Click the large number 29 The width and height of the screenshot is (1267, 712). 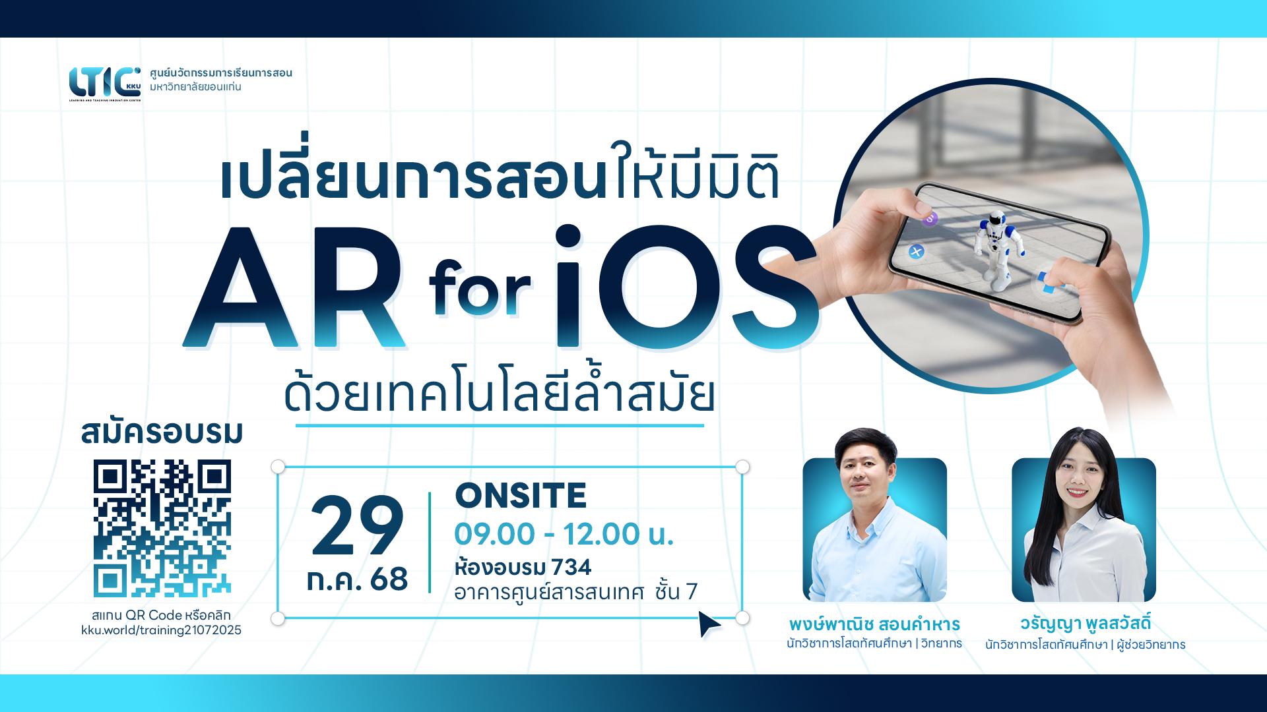[357, 527]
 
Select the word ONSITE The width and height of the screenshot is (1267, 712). [521, 496]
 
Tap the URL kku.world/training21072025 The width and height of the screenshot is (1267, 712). [161, 630]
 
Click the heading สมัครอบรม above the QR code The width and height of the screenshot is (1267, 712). [162, 434]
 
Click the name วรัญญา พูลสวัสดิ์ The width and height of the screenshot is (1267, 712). [1085, 624]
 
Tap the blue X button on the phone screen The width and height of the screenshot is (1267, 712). [915, 251]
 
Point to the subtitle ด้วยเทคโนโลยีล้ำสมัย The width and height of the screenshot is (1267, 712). [500, 395]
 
